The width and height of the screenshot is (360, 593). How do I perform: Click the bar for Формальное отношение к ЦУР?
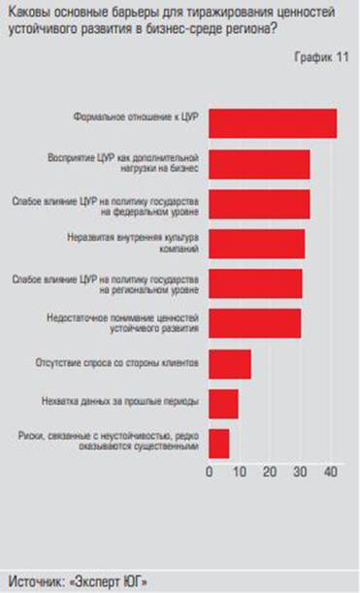[273, 124]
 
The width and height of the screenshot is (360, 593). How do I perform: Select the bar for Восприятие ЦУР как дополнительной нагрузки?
[259, 164]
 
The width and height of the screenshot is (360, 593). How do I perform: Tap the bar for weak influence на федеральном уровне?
[259, 204]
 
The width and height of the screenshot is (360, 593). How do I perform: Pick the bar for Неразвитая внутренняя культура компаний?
[256, 244]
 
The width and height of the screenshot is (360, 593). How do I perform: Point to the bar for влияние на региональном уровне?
[255, 282]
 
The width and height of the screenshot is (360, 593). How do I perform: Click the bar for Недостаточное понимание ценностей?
[254, 322]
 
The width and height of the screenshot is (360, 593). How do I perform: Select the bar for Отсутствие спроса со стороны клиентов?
[230, 363]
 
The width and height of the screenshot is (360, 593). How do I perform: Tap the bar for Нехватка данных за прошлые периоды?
[223, 403]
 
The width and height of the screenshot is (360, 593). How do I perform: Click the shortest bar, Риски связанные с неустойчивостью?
[219, 443]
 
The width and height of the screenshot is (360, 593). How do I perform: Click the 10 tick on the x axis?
[239, 472]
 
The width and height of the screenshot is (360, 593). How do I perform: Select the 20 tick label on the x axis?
[270, 472]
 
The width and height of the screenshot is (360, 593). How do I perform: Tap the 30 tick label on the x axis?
[301, 472]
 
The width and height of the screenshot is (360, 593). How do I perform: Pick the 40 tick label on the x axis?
[331, 472]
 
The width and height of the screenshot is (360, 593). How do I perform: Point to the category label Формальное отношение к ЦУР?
[136, 116]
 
